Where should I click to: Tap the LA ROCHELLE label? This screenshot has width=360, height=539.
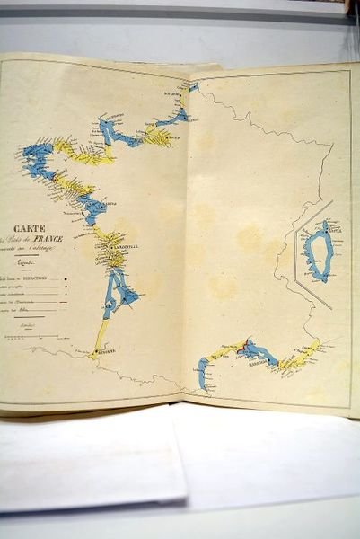pyautogui.click(x=122, y=247)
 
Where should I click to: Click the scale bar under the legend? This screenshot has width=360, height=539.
pyautogui.click(x=27, y=338)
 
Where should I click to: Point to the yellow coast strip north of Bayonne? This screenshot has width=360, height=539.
pyautogui.click(x=101, y=332)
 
